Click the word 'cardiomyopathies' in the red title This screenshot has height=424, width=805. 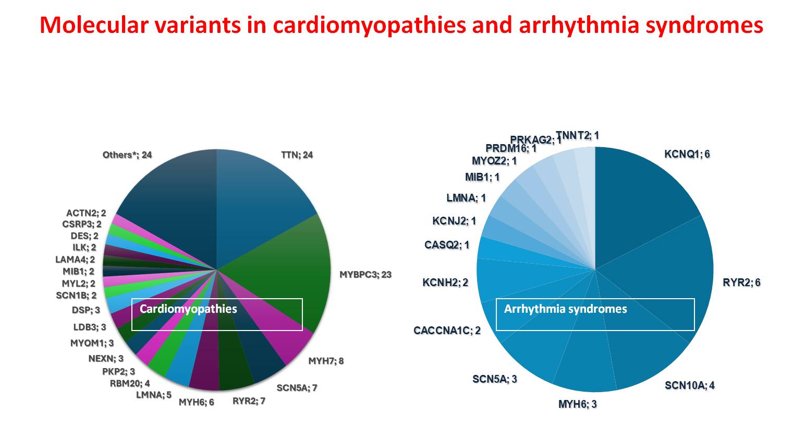pos(370,26)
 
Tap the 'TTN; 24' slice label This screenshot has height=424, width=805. pos(297,155)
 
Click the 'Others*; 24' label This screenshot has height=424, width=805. pos(127,155)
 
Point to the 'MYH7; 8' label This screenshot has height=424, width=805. pos(326,361)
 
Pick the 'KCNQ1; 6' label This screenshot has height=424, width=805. pos(687,155)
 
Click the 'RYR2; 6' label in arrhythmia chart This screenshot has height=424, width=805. pos(741,282)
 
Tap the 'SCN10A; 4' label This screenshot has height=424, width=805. pos(690,385)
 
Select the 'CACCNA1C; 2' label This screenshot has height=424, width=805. pos(447,331)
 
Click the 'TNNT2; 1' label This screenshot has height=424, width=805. pos(578,135)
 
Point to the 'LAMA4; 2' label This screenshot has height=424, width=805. pos(75,260)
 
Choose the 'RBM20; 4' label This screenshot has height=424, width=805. pos(130,383)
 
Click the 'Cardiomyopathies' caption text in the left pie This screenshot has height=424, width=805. pos(188,309)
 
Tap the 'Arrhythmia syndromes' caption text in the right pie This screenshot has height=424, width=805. pos(565,309)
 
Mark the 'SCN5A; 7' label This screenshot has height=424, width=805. pos(297,388)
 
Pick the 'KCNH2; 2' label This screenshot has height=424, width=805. pos(445,282)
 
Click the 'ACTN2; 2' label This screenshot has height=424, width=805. pos(86,214)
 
